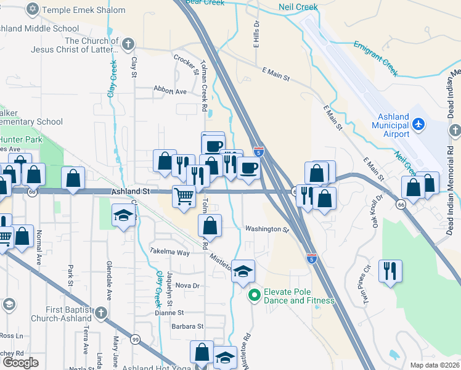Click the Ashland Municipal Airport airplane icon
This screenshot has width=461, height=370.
(418, 125)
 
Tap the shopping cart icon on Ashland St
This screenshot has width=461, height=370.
(184, 196)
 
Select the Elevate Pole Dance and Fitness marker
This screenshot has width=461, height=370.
(253, 296)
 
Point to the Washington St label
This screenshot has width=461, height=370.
(267, 229)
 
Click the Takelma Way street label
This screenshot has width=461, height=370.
(169, 252)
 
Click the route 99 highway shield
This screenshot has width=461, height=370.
(134, 339)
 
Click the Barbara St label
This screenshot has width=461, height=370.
(187, 326)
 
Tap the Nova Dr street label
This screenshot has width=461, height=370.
(187, 286)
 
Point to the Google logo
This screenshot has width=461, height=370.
(20, 363)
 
